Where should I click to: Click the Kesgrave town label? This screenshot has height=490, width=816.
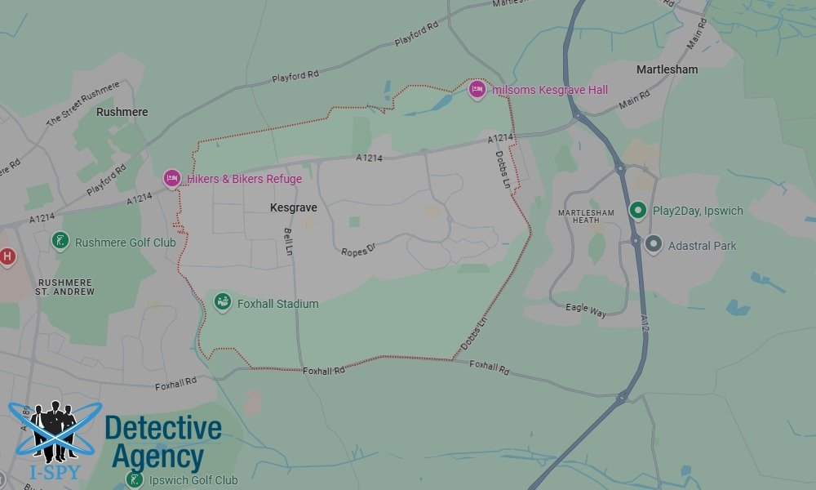click(x=293, y=208)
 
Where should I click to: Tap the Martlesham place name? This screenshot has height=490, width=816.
click(x=667, y=69)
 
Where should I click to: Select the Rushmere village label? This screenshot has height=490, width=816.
click(x=122, y=112)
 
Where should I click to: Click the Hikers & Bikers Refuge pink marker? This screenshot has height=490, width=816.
click(x=171, y=178)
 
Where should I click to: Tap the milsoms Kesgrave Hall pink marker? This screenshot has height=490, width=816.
click(x=477, y=89)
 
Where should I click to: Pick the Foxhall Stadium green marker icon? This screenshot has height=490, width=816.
click(x=222, y=303)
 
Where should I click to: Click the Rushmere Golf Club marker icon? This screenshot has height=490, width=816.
click(x=60, y=241)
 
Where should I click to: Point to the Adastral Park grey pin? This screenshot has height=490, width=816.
click(x=653, y=244)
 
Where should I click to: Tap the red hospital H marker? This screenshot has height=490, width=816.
click(x=7, y=256)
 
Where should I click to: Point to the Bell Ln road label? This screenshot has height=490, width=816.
click(x=287, y=242)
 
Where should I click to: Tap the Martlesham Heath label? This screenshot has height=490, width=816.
click(x=585, y=216)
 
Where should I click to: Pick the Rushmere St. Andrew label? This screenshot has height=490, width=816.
click(x=66, y=287)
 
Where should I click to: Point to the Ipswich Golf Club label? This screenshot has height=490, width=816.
click(x=193, y=480)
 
